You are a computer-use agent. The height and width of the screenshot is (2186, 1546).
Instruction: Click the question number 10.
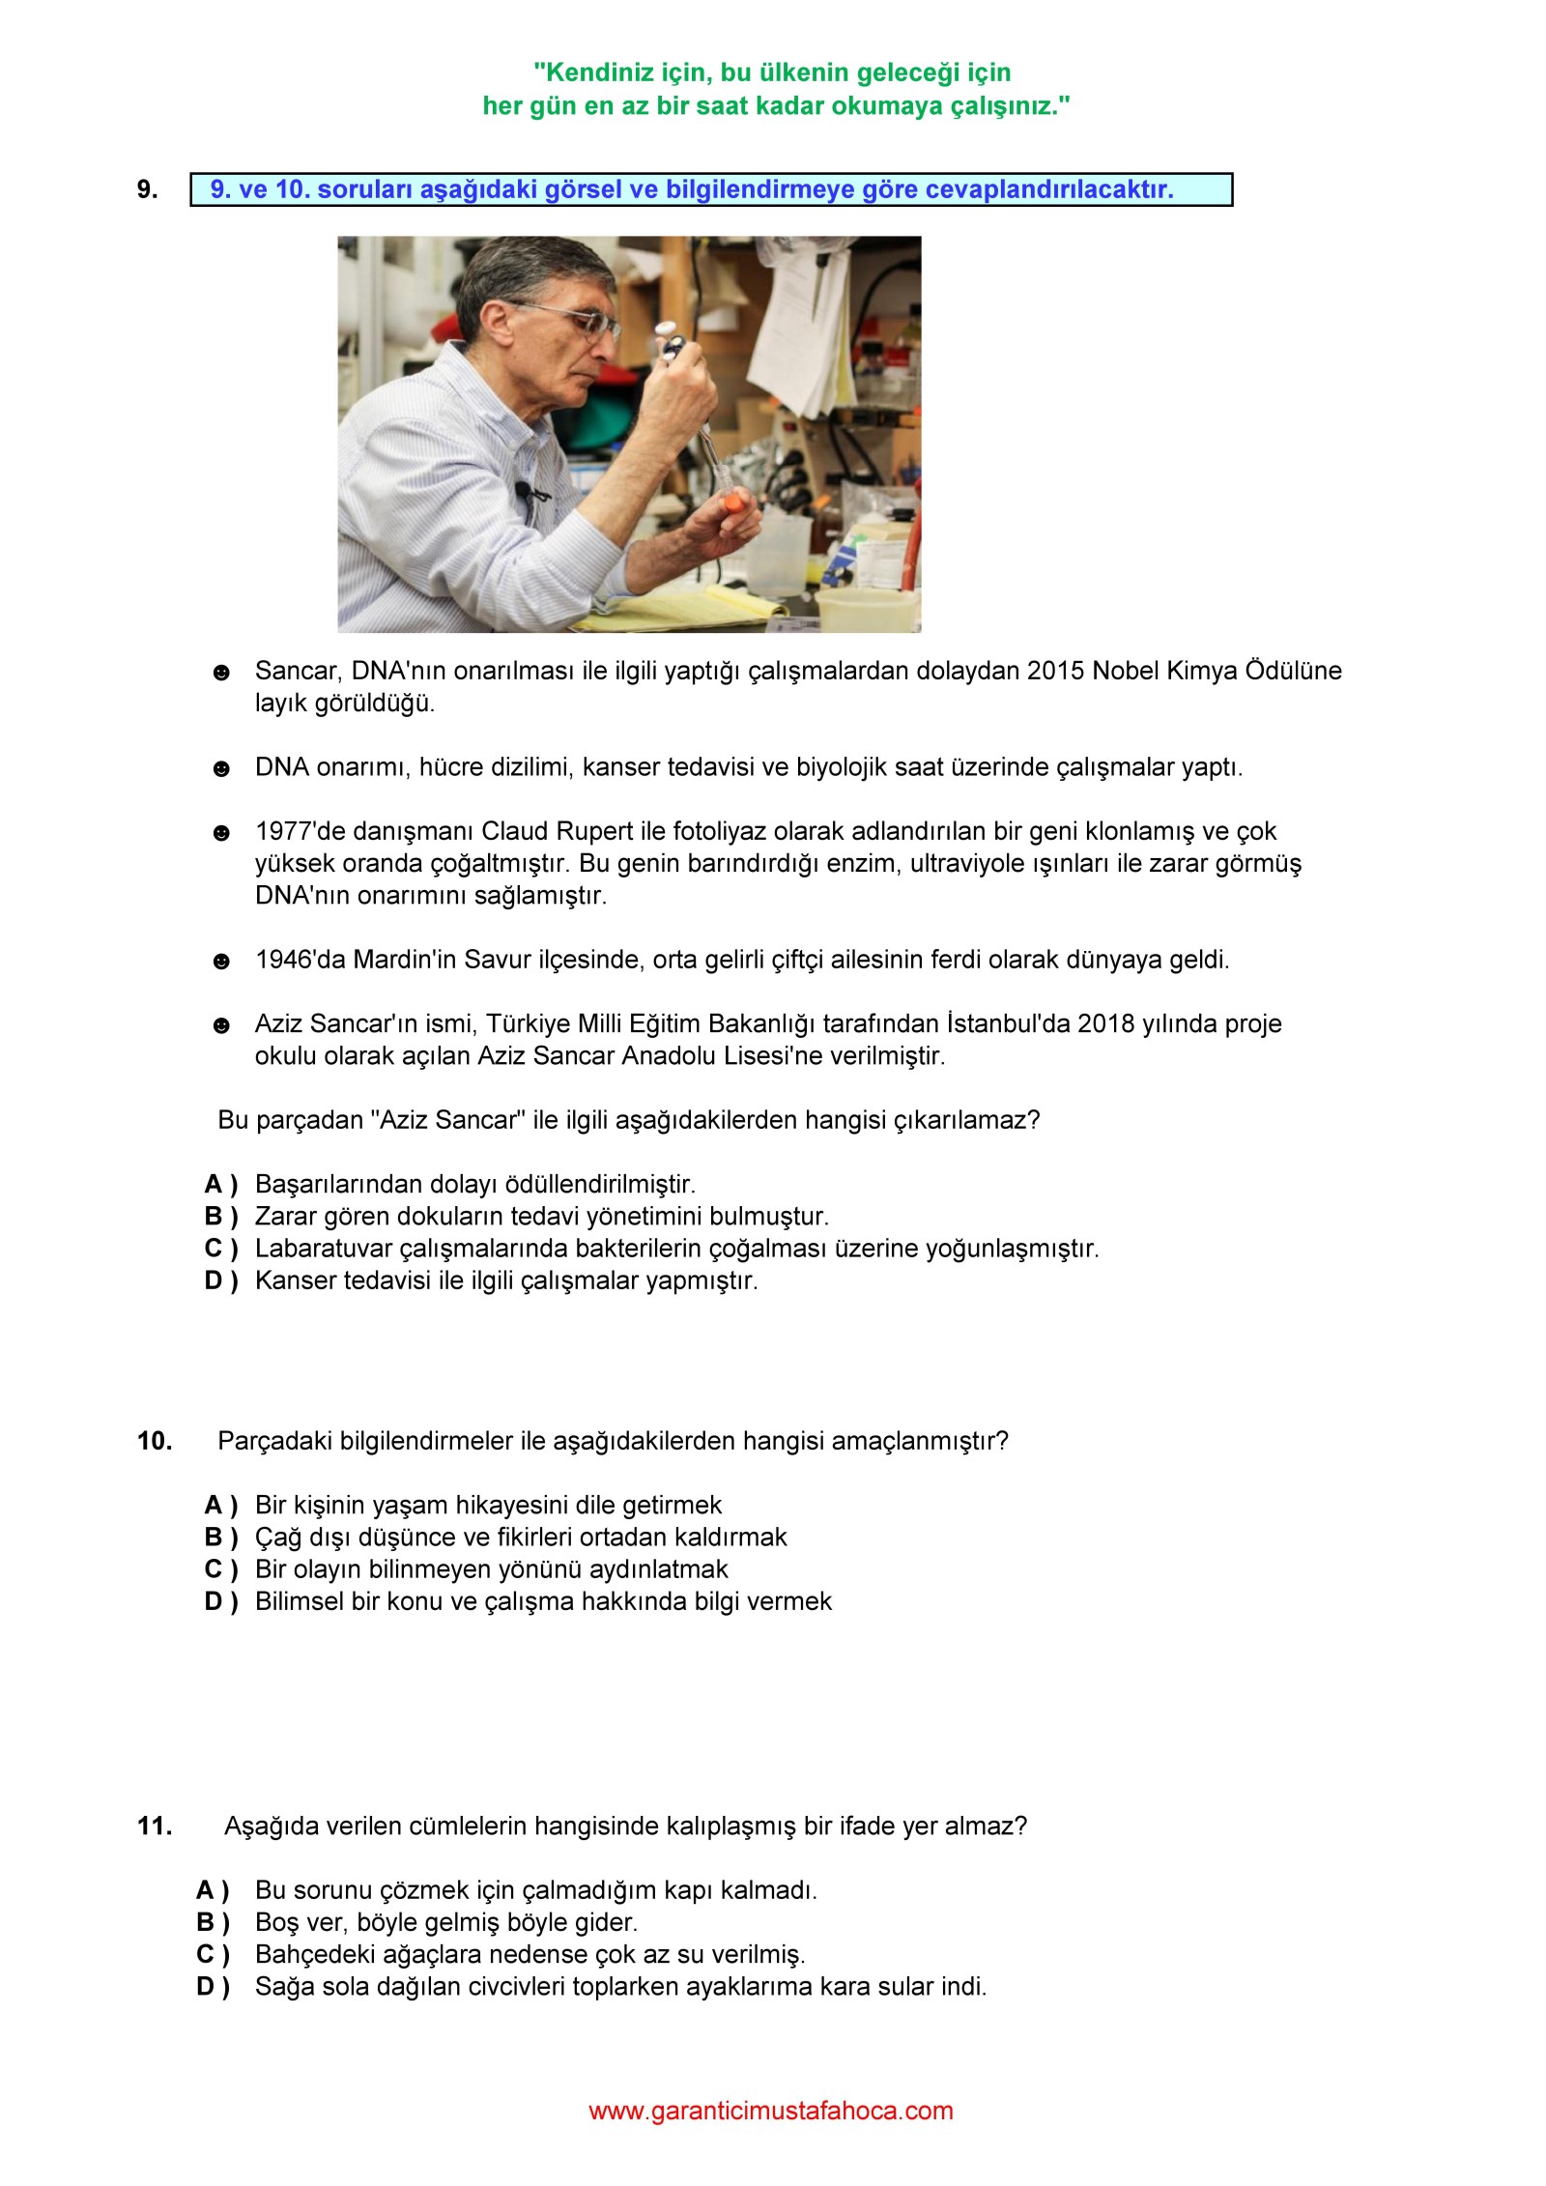click(155, 1441)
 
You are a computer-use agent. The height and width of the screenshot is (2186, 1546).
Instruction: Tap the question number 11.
click(155, 1826)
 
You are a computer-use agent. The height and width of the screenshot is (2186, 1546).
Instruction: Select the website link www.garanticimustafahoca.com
click(771, 2111)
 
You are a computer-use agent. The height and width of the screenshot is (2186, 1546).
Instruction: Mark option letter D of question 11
click(213, 1986)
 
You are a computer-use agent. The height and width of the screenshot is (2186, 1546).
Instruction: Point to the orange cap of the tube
click(736, 503)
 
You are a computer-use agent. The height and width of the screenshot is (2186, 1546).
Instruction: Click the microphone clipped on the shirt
click(524, 491)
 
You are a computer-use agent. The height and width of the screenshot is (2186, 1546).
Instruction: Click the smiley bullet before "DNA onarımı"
click(221, 769)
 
